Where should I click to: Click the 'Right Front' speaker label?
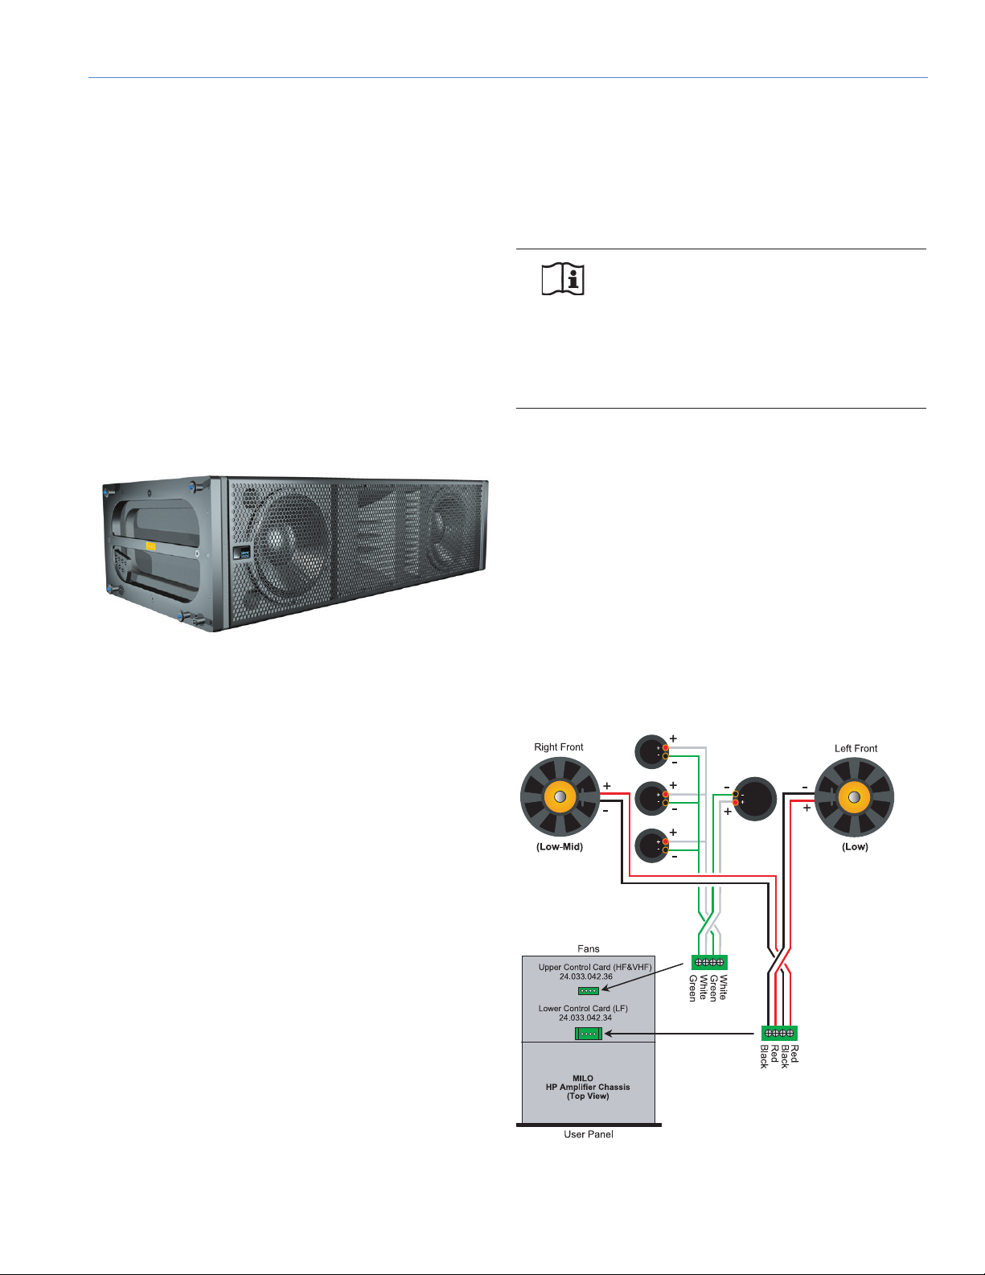click(559, 746)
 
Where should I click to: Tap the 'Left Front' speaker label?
click(856, 748)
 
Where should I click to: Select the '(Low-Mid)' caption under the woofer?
click(560, 846)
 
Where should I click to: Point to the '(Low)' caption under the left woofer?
click(855, 846)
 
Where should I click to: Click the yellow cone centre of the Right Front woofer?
click(560, 797)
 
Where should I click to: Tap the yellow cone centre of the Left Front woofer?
click(854, 797)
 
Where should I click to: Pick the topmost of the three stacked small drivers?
click(651, 751)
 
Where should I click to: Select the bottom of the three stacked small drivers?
click(651, 845)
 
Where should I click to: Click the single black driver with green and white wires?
click(755, 799)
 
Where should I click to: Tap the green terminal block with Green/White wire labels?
click(709, 962)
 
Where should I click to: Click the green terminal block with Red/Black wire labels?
click(779, 1033)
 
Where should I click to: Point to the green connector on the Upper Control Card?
click(589, 990)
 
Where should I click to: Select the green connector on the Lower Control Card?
click(589, 1033)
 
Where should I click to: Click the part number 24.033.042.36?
click(586, 977)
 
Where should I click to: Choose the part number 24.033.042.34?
click(585, 1018)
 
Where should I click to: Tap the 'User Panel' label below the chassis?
click(589, 1134)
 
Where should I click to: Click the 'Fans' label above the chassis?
click(589, 948)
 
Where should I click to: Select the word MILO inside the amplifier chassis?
click(583, 1078)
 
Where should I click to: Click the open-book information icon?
click(563, 279)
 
